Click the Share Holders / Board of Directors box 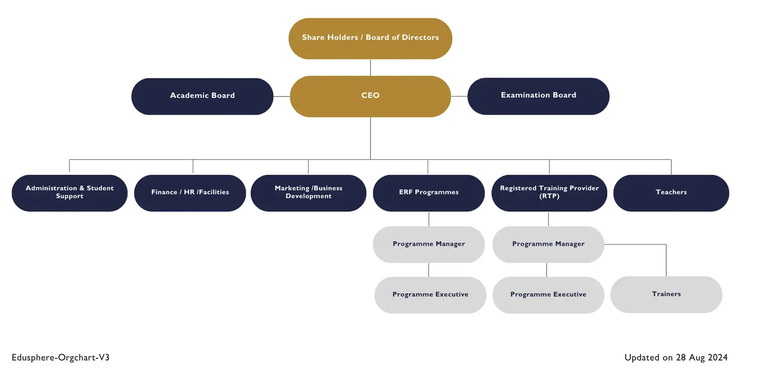370,38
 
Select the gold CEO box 370,96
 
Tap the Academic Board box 202,96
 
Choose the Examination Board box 538,96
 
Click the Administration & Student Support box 70,193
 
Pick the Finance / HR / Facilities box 190,193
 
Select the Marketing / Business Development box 308,193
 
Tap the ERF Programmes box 429,193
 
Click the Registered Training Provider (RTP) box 549,193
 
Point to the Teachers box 671,193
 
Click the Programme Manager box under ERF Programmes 429,244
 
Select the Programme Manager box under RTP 548,244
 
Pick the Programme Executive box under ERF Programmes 430,295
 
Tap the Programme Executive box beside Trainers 548,295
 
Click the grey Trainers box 666,294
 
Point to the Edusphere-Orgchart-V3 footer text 61,358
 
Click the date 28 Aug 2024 702,358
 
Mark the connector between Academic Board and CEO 281,97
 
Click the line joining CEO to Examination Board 459,97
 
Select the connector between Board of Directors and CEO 370,67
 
